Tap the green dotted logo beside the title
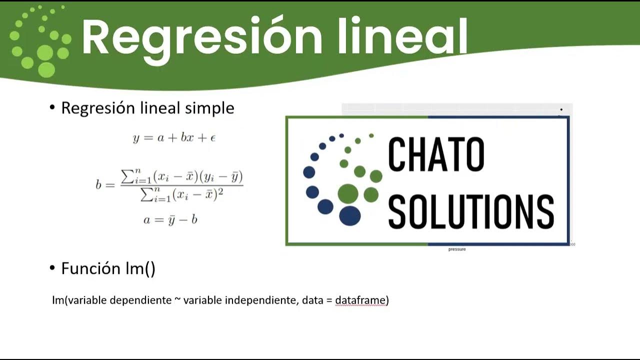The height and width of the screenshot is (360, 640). click(40, 42)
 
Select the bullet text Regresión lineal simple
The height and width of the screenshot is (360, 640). click(147, 108)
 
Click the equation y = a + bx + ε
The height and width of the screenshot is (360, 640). click(174, 138)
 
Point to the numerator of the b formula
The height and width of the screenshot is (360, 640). click(182, 176)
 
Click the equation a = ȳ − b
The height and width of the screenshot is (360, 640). click(170, 219)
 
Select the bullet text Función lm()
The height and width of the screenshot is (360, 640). click(108, 268)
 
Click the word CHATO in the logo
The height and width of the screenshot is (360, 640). click(436, 155)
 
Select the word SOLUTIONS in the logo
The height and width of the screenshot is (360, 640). click(471, 212)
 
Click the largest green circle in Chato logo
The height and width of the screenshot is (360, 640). click(348, 193)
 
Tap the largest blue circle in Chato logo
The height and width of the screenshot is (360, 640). click(349, 215)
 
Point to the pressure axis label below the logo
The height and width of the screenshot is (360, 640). click(456, 249)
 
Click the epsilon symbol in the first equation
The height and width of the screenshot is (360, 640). click(212, 138)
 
